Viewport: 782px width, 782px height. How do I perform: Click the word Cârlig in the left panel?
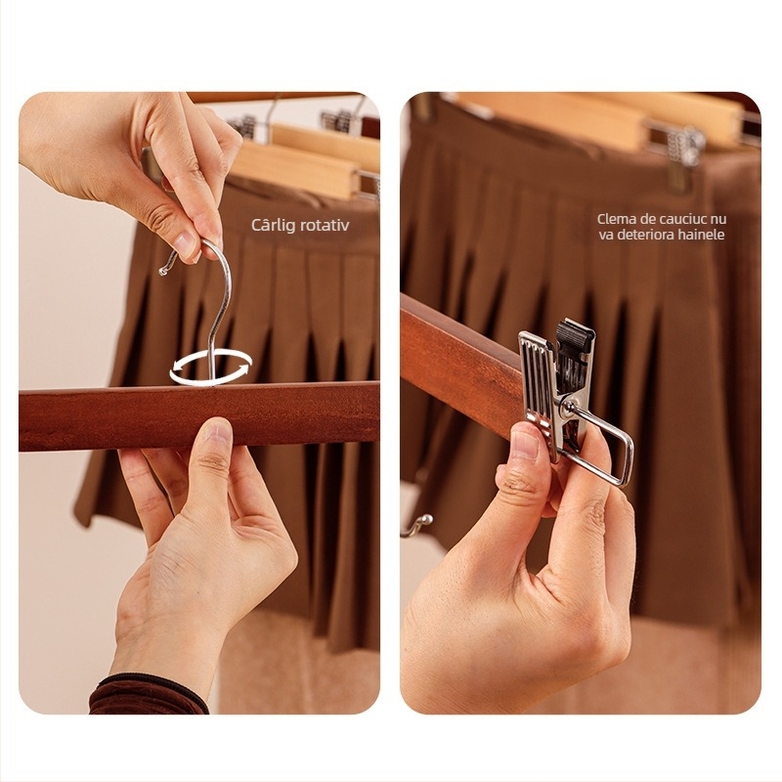pyautogui.click(x=271, y=226)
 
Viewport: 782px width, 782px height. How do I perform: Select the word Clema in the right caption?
pyautogui.click(x=616, y=218)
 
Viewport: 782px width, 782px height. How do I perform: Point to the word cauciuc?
pyautogui.click(x=681, y=219)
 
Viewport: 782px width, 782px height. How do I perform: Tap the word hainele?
pyautogui.click(x=701, y=235)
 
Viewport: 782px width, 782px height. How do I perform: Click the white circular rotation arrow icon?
pyautogui.click(x=211, y=368)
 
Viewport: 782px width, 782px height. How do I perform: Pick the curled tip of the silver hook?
pyautogui.click(x=163, y=271)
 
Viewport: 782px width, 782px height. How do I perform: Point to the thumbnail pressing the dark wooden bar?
pyautogui.click(x=216, y=431)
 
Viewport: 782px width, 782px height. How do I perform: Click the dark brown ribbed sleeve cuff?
pyautogui.click(x=149, y=695)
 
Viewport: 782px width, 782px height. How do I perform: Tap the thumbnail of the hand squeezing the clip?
pyautogui.click(x=525, y=444)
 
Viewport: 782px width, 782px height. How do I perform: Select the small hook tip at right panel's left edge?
pyautogui.click(x=419, y=525)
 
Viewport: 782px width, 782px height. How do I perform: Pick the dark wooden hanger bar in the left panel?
pyautogui.click(x=199, y=416)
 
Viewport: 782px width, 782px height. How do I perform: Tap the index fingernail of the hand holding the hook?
pyautogui.click(x=186, y=243)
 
